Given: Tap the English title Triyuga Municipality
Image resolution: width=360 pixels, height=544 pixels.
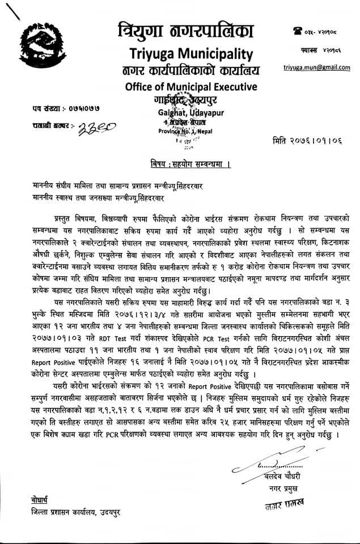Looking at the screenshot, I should point(186,54).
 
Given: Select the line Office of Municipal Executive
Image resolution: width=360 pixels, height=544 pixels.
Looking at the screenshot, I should point(185,86).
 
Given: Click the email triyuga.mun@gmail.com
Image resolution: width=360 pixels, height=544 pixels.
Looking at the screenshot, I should point(317,67).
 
